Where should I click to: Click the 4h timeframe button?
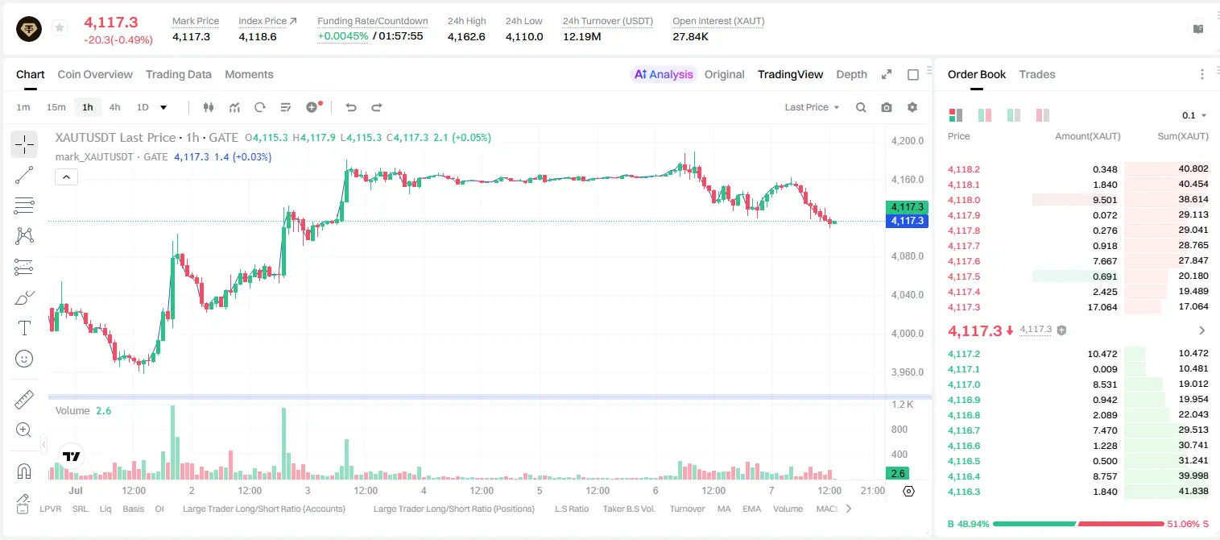[114, 107]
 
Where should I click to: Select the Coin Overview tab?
[95, 74]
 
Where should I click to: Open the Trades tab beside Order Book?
[1037, 74]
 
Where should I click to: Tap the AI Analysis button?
[664, 74]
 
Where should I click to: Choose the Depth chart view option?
[851, 74]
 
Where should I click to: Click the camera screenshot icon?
[887, 107]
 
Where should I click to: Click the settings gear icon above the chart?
[912, 107]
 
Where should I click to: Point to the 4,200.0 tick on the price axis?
[908, 140]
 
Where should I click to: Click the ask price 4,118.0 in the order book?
[964, 200]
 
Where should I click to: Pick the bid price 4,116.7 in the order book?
[964, 430]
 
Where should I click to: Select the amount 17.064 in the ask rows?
[1102, 307]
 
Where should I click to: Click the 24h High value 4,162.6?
[466, 36]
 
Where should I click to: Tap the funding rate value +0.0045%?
[343, 36]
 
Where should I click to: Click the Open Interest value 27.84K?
[691, 36]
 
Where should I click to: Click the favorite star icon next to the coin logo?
[60, 27]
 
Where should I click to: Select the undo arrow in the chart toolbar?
[351, 107]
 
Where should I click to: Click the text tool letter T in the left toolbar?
[24, 328]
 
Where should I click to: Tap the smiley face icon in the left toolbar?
[24, 359]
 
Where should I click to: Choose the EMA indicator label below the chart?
[751, 509]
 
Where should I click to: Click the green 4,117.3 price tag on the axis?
[907, 207]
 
